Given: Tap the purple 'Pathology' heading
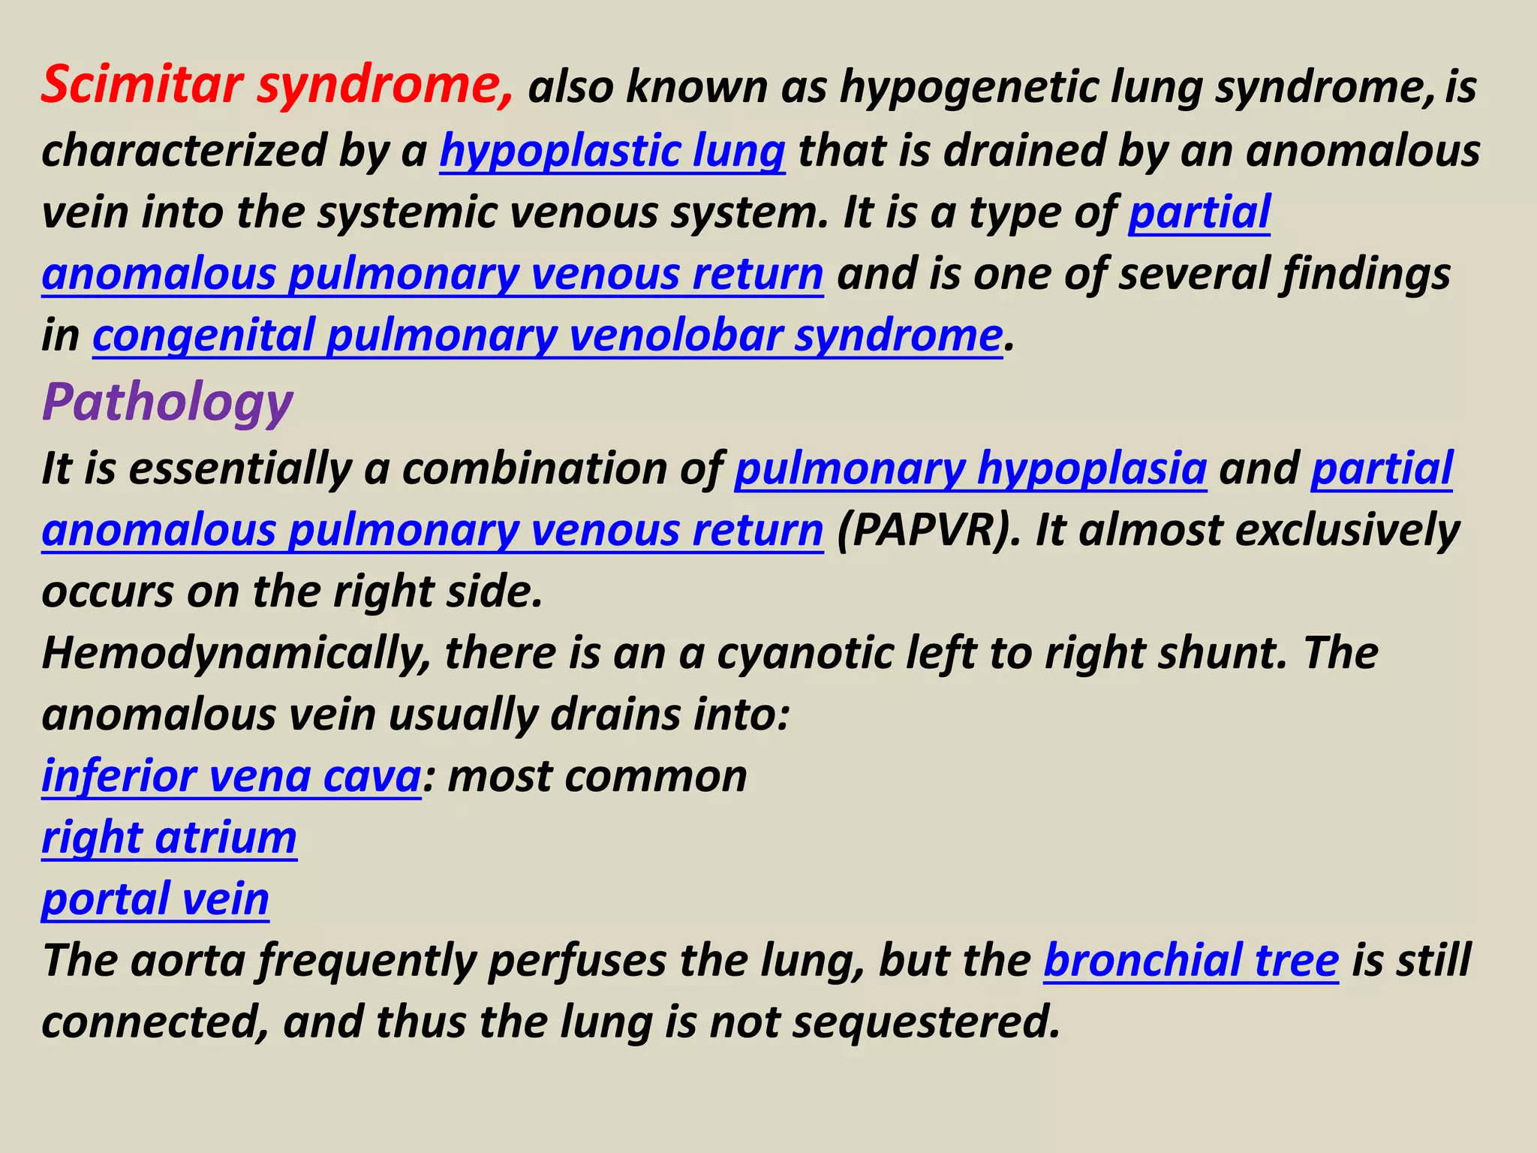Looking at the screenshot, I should (x=167, y=403).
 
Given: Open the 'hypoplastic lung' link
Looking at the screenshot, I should (x=612, y=151).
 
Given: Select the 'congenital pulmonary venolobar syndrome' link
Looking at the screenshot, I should (x=547, y=335).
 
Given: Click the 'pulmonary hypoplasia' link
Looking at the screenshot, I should (x=970, y=468).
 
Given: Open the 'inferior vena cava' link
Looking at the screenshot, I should (x=231, y=776).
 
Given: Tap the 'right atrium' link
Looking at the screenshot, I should (x=170, y=838).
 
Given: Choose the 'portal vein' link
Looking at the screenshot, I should (x=155, y=899).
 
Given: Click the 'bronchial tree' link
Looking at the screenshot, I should (x=1191, y=961).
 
